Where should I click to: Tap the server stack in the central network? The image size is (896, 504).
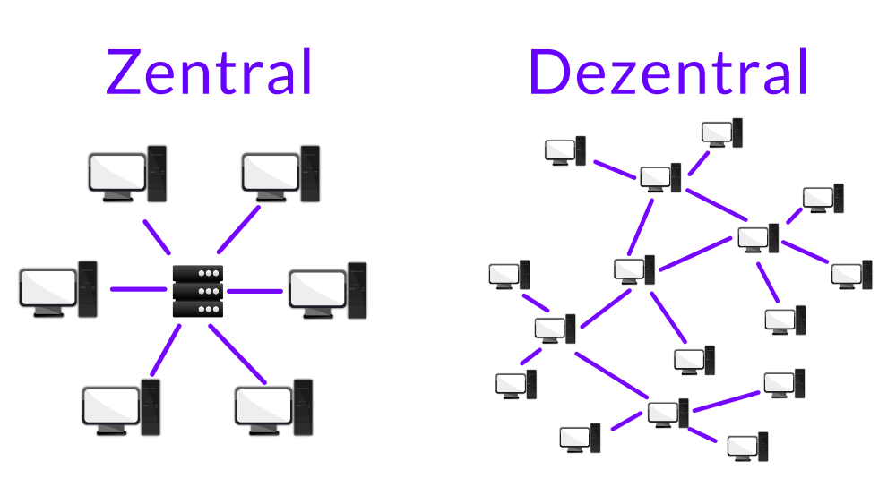[x=197, y=291]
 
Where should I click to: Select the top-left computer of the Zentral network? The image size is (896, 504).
[x=126, y=172]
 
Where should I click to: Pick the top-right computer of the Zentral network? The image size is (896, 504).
[x=280, y=172]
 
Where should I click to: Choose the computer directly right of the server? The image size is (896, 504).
[x=328, y=289]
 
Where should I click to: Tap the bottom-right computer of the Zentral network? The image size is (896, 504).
[x=273, y=406]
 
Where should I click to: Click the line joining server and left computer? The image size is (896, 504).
[x=138, y=289]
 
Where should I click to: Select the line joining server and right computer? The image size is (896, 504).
[x=254, y=290]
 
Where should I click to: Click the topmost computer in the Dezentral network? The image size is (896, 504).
[x=722, y=132]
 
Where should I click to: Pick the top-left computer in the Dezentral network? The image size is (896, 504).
[x=565, y=149]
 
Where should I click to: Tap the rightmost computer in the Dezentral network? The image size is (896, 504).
[x=851, y=274]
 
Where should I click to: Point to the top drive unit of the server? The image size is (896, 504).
[x=197, y=274]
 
